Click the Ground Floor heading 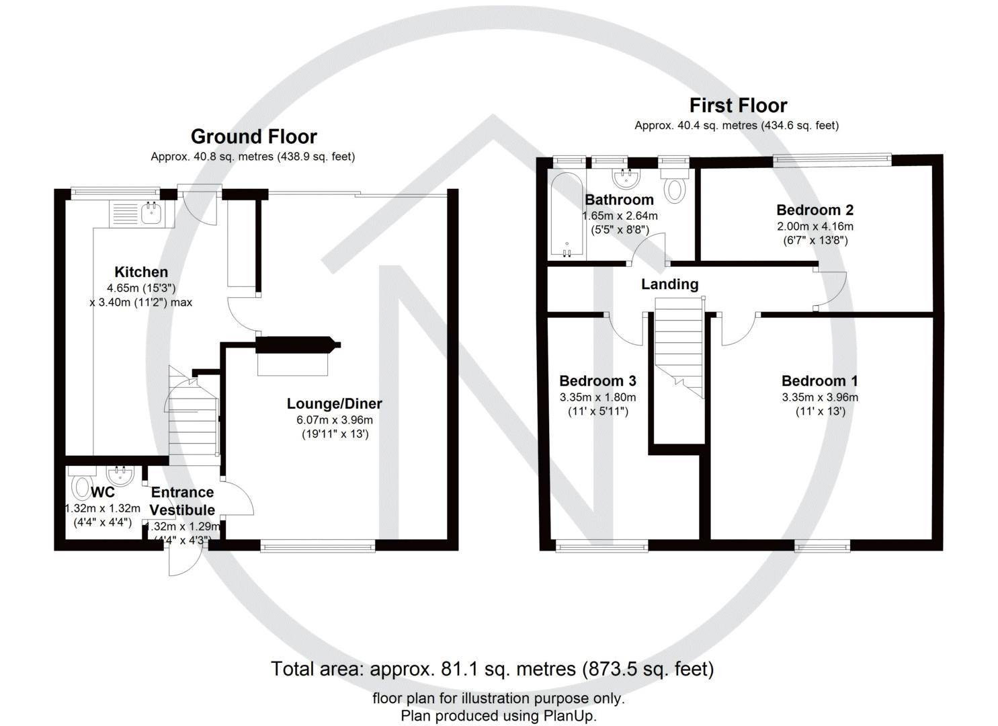tap(253, 136)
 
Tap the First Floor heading tap(738, 106)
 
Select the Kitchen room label tap(141, 272)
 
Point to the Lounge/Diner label tap(334, 403)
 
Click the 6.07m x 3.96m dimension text tap(334, 420)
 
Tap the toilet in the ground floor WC tap(79, 486)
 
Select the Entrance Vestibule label tap(182, 501)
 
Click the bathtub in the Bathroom tap(567, 214)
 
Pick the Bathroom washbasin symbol tap(626, 177)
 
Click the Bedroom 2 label tap(815, 210)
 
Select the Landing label tap(669, 284)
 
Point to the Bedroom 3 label tap(597, 381)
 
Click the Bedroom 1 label tap(819, 381)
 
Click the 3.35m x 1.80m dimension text tap(597, 397)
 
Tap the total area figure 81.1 tap(457, 669)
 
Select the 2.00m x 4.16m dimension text tap(815, 227)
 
